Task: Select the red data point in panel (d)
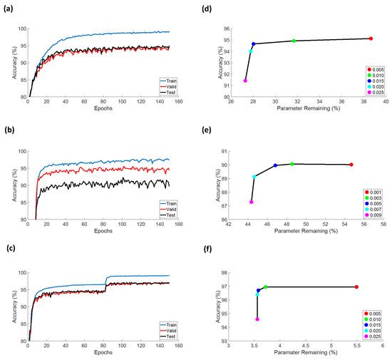coord(371,38)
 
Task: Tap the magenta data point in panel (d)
coord(245,81)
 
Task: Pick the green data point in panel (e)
coord(292,164)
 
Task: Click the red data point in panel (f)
coord(356,287)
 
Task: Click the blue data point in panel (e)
coord(275,165)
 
